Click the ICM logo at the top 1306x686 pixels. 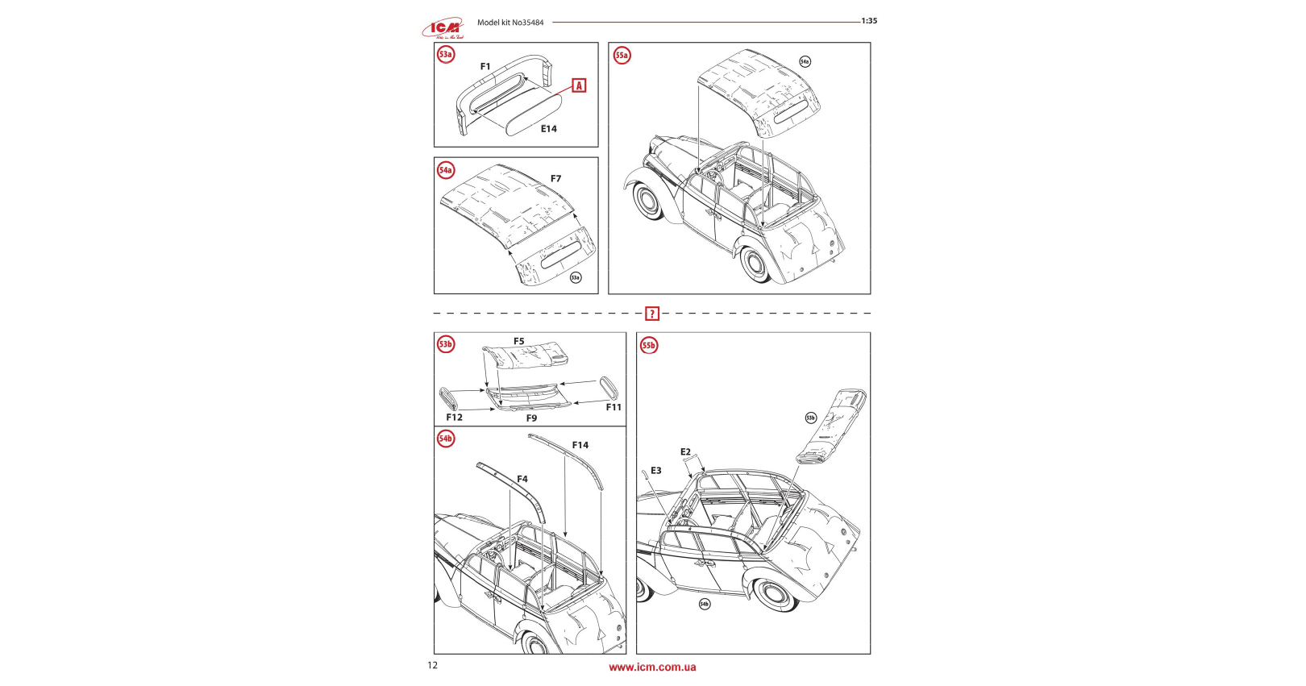pos(443,28)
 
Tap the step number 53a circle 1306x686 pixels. pos(446,55)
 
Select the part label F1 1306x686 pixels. pos(485,67)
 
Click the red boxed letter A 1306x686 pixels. pos(579,85)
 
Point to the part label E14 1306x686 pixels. pos(549,129)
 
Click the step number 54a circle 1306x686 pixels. pos(446,170)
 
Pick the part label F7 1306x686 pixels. pos(555,179)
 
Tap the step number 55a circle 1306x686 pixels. pos(622,56)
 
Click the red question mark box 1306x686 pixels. pos(652,314)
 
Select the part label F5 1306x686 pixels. pos(519,342)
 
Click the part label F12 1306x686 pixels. pos(455,418)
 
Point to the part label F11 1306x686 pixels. pos(613,408)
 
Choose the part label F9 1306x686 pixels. pos(531,418)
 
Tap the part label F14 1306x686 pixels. pos(580,445)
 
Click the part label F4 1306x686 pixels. pos(522,480)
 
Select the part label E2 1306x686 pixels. pos(685,452)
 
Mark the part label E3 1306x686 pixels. pos(656,471)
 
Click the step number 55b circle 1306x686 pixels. pos(649,346)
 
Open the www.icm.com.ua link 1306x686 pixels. pos(652,667)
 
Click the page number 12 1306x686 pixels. pos(433,665)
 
